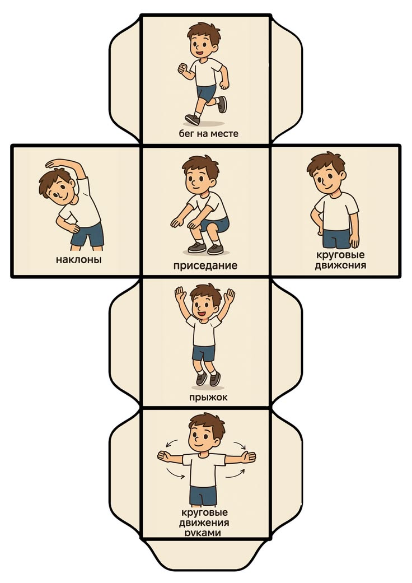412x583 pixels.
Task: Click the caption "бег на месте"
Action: coord(208,133)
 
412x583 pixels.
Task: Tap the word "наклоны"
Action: coord(78,259)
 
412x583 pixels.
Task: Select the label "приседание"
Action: coord(205,266)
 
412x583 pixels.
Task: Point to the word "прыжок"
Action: coord(208,397)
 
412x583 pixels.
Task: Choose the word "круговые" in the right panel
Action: coord(340,255)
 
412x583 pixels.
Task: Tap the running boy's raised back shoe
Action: coord(222,105)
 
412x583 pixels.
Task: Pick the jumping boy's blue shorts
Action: coord(204,353)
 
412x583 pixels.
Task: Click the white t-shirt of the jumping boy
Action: coord(204,330)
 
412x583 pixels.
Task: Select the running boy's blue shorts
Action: coord(206,92)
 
